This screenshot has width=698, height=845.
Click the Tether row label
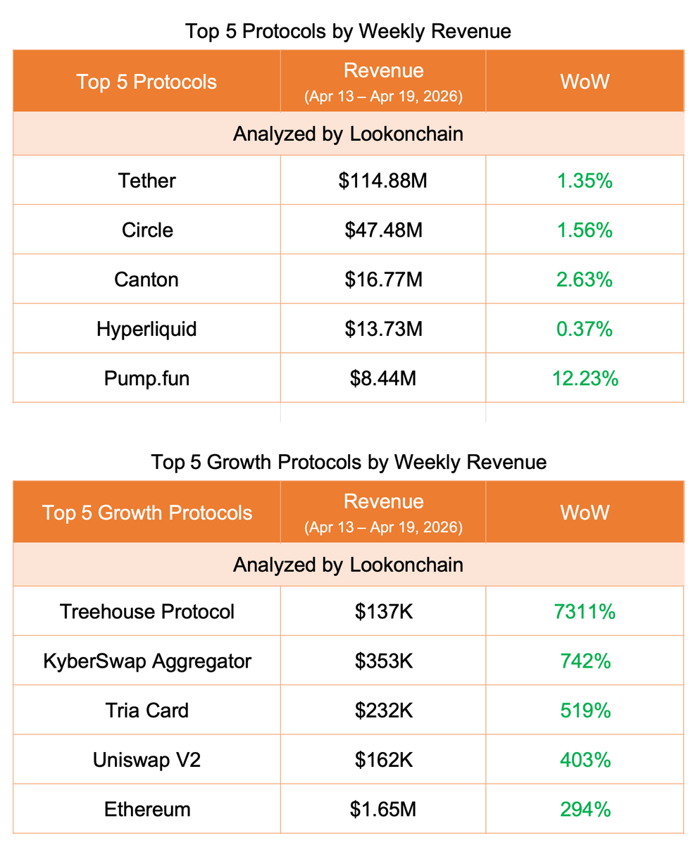click(x=147, y=181)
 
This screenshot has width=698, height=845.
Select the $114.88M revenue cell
click(x=383, y=181)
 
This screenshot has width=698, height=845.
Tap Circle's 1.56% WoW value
click(x=585, y=230)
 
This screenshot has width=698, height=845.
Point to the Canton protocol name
click(x=147, y=280)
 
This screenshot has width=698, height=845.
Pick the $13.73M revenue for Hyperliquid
click(x=383, y=329)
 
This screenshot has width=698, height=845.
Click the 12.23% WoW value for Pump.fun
click(x=585, y=378)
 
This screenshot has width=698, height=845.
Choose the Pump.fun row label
click(x=147, y=378)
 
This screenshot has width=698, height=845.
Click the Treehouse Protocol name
click(x=147, y=611)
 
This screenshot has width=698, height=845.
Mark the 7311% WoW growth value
click(x=585, y=611)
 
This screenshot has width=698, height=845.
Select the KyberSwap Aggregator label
click(x=147, y=661)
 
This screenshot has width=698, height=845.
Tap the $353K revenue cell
click(x=383, y=661)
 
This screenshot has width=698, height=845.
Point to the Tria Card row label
click(x=147, y=710)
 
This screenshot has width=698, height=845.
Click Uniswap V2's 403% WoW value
click(x=585, y=760)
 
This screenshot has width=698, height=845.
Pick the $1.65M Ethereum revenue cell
click(x=383, y=809)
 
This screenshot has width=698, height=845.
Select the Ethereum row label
click(x=147, y=809)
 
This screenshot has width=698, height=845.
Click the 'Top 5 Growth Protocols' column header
click(x=147, y=512)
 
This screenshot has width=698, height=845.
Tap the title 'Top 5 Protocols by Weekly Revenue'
click(x=348, y=32)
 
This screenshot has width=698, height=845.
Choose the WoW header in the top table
click(x=585, y=81)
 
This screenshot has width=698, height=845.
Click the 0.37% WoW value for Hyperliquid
click(x=585, y=329)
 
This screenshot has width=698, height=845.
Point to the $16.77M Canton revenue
click(x=383, y=280)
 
